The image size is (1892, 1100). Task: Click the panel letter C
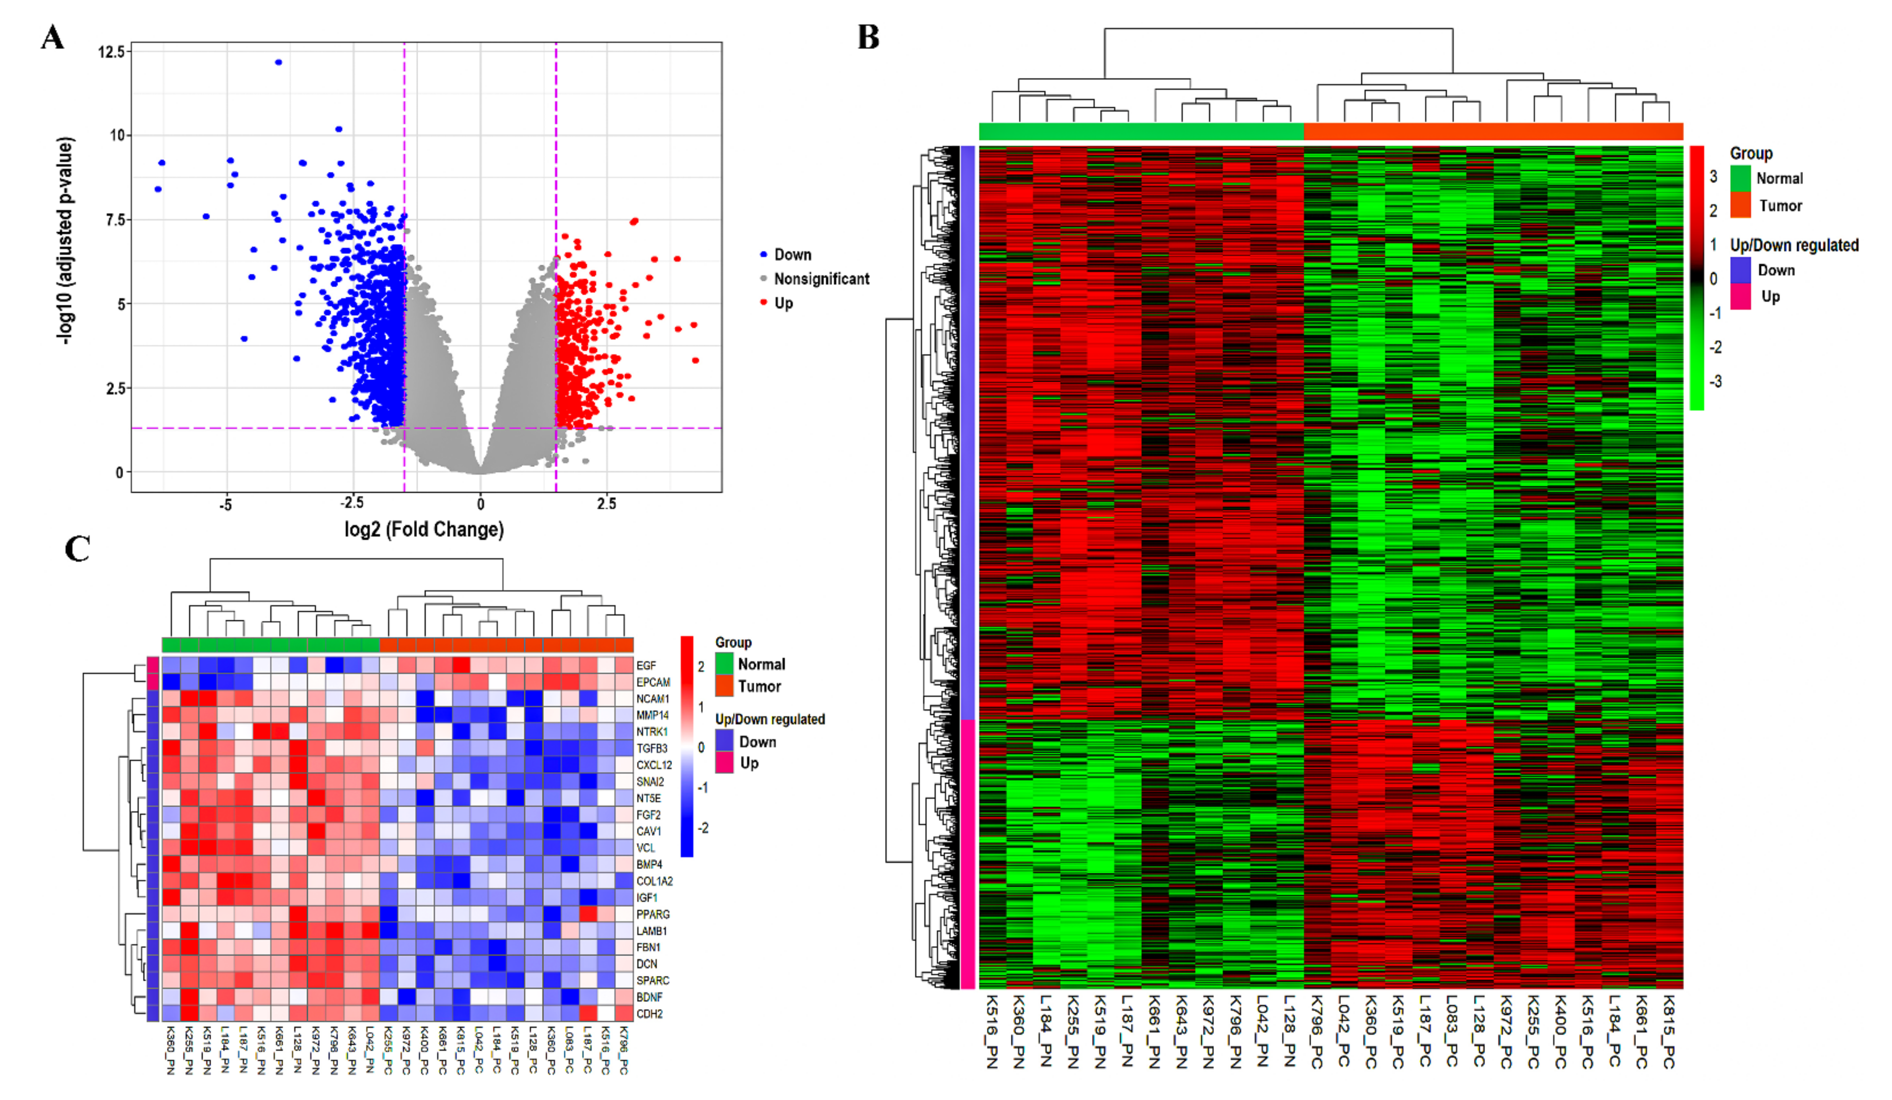[78, 549]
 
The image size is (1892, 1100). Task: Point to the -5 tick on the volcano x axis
[225, 505]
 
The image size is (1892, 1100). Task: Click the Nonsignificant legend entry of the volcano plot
[821, 279]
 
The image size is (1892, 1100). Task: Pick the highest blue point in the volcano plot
[279, 62]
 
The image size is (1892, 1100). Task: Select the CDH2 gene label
[650, 1014]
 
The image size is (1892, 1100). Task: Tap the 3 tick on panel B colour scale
[1714, 176]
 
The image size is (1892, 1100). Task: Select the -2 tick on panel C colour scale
[703, 828]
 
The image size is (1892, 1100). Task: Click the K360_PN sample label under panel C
[171, 1050]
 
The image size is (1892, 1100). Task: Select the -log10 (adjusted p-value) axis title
[66, 240]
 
